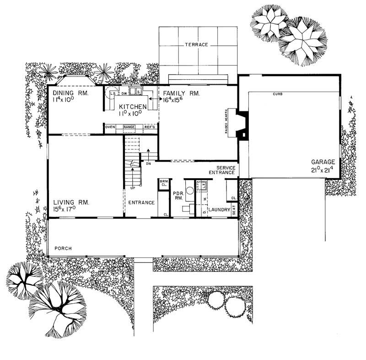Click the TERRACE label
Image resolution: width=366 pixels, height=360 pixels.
(197, 45)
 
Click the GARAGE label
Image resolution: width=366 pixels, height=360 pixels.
(323, 162)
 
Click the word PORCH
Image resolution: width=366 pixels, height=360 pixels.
(63, 249)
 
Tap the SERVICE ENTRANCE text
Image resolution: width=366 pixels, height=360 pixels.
(222, 170)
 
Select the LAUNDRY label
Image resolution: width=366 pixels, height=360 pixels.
(219, 210)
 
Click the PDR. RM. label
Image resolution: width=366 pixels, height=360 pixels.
(178, 196)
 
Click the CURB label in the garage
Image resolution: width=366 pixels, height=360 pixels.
(277, 94)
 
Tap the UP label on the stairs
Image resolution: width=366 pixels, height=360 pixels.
(133, 188)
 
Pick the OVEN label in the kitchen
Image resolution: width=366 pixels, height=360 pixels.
(109, 127)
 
